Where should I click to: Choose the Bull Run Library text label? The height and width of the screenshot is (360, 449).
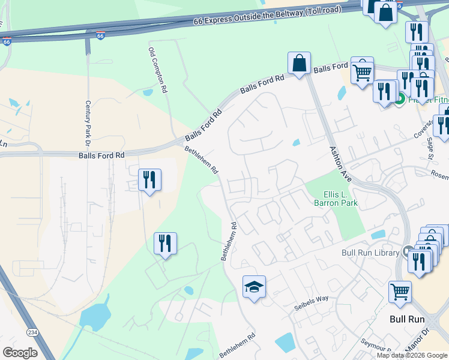coord(370,253)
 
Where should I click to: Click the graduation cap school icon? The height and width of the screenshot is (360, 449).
coord(254,287)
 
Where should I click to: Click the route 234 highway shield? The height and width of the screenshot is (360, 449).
coord(32,332)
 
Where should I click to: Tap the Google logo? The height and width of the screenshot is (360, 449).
coord(20,352)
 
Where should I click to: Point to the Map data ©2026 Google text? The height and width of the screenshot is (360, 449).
coord(412,355)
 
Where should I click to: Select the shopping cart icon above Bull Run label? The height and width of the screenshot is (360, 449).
coord(400,293)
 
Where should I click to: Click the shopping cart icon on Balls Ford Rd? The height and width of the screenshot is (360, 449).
coord(362,72)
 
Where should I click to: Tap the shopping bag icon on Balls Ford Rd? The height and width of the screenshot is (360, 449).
coord(298,63)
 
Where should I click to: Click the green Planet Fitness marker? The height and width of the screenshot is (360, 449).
coord(400,99)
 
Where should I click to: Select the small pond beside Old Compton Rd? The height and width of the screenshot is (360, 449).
coord(148,92)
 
